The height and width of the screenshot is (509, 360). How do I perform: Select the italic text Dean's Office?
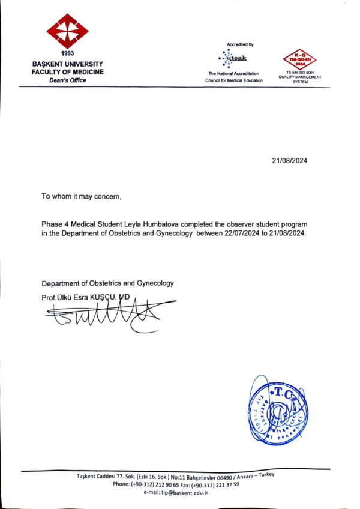coord(68,80)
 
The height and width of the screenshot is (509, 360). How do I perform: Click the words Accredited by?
coord(240,44)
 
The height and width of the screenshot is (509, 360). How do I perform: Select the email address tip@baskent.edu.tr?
coord(184,492)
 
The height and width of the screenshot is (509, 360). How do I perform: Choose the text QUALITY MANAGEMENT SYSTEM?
coord(300,79)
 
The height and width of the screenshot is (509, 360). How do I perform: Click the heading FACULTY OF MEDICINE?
coord(68,72)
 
